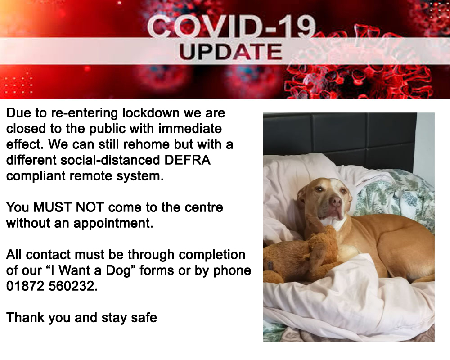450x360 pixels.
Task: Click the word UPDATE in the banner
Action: coord(231,52)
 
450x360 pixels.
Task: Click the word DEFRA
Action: coord(187,160)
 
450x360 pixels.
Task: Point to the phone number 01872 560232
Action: coord(52,286)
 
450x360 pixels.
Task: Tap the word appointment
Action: coord(113,224)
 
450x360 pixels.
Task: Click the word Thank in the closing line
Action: coord(26,318)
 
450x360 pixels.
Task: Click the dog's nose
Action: coord(335,201)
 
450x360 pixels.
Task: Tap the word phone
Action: coord(232,271)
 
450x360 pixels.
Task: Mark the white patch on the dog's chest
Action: coord(333,222)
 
